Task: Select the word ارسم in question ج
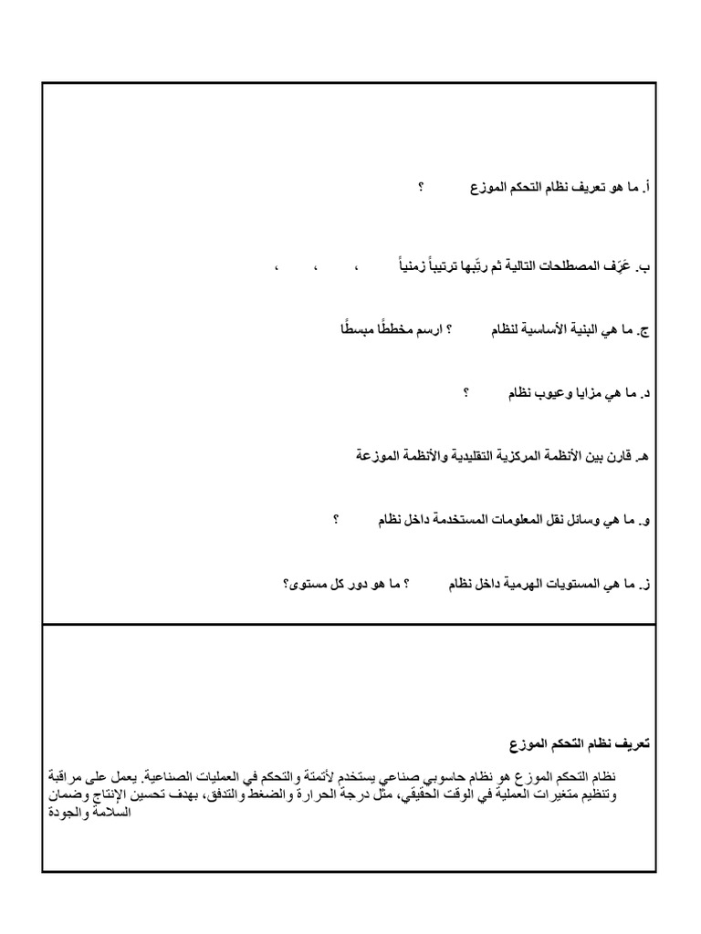pyautogui.click(x=431, y=328)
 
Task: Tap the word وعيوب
pyautogui.click(x=560, y=393)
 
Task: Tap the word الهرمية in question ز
pyautogui.click(x=527, y=584)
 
